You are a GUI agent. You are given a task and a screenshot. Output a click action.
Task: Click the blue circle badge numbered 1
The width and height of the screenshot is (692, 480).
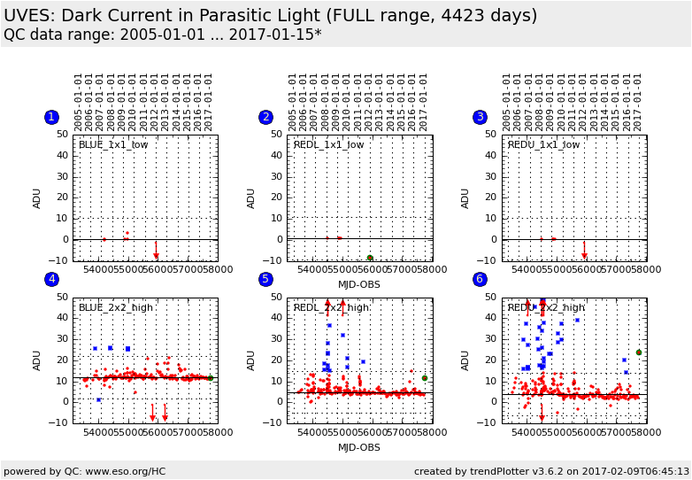pos(51,117)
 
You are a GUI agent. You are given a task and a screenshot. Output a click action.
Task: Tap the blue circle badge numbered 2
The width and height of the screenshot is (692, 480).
pos(265,117)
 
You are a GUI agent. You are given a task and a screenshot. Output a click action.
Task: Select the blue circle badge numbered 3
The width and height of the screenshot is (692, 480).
pos(480,117)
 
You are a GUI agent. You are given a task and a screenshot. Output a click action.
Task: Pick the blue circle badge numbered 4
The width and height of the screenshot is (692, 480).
pos(51,280)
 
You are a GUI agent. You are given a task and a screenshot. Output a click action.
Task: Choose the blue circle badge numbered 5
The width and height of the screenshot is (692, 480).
pos(265,280)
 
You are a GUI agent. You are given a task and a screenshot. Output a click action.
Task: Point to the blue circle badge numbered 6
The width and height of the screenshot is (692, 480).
pos(480,280)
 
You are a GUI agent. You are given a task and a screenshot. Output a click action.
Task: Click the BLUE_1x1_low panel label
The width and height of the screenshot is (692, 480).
pos(113,144)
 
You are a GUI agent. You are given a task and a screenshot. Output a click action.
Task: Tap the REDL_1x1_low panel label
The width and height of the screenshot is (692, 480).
pos(328,144)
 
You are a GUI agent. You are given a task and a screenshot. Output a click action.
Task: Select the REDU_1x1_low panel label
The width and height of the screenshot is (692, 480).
pos(543,144)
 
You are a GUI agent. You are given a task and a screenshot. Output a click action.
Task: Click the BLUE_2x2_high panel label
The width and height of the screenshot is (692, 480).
pos(115,307)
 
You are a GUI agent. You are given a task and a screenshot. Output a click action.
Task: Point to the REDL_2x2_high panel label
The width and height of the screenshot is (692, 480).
pos(331,307)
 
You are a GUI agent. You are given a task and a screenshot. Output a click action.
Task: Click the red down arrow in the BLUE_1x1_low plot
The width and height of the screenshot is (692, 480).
pos(156,252)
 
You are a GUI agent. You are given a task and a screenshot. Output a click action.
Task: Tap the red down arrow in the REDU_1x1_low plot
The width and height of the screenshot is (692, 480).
pos(584,252)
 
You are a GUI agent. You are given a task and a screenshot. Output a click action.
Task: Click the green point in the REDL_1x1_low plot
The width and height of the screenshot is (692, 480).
pos(370,258)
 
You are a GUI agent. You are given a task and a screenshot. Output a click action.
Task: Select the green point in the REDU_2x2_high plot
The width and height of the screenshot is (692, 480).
pos(639,352)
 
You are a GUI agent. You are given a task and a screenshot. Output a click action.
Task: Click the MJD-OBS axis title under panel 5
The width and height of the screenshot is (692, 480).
pos(359,447)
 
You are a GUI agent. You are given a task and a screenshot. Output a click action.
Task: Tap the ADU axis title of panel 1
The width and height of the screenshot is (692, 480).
pos(37,197)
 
